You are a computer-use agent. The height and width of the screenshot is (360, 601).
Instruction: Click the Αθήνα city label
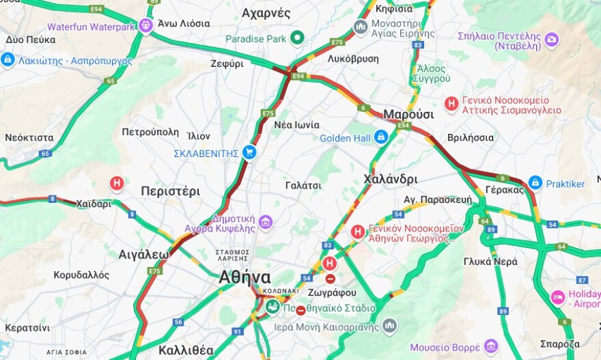pos(244,277)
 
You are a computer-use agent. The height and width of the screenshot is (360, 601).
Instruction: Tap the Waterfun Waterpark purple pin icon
pos(145,26)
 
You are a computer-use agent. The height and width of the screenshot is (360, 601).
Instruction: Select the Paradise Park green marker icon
pos(296,38)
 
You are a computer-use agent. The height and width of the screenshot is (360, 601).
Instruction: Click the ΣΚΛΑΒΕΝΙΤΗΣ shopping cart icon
pos(249,152)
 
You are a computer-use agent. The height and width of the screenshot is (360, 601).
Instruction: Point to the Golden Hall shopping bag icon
pos(380,137)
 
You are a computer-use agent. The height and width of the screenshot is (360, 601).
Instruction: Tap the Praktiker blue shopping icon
pos(535,183)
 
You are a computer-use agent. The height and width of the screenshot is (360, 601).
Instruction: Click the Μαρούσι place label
pos(408,113)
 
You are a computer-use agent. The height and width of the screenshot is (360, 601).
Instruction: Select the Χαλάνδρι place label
pos(390,179)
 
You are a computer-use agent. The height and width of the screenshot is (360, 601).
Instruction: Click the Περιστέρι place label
pos(170,191)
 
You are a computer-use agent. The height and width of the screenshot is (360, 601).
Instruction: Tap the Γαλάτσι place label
pos(303,184)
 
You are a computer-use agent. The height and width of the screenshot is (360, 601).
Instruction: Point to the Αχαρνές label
pos(266,13)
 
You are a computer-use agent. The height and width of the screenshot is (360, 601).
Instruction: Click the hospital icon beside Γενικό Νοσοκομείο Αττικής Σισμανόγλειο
pos(451,104)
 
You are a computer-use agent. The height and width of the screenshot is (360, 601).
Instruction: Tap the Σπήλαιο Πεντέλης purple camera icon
pos(551,40)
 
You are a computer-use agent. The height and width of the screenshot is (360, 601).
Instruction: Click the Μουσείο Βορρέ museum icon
pos(490,346)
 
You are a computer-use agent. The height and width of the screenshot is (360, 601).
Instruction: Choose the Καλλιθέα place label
pos(186,350)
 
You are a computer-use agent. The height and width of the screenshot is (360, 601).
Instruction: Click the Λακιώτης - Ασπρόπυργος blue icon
pos(8,60)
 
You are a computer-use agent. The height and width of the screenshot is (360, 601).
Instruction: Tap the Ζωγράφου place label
pos(332,292)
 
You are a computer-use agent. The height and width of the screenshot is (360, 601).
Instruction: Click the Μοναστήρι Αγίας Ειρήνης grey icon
pos(360,27)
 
